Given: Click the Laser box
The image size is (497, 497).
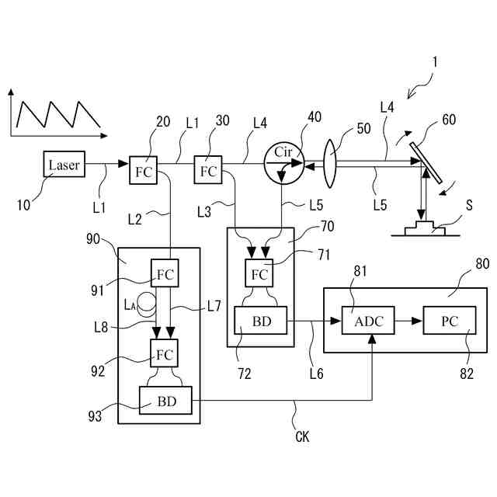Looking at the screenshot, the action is click(x=64, y=164).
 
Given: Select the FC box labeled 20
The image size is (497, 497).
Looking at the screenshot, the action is click(x=143, y=170).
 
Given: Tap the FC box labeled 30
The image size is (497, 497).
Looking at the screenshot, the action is click(x=208, y=169).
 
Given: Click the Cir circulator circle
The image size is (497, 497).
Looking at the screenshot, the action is click(x=284, y=163).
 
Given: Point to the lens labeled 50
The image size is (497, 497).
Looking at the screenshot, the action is click(x=330, y=164).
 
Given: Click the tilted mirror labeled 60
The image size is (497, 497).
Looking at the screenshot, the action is click(x=426, y=162).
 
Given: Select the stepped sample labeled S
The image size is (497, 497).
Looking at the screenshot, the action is click(x=425, y=228).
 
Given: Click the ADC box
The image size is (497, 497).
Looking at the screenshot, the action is click(x=368, y=320).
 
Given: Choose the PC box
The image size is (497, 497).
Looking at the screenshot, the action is click(x=450, y=320).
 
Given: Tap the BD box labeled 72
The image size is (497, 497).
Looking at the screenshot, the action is click(x=261, y=320).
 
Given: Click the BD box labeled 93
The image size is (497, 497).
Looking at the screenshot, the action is click(x=165, y=401).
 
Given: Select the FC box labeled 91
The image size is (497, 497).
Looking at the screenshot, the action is click(x=165, y=273).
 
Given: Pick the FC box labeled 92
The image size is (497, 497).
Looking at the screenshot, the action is click(x=164, y=353).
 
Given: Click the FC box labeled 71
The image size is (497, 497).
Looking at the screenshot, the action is click(x=259, y=273).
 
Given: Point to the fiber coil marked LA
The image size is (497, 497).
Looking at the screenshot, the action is click(x=147, y=304).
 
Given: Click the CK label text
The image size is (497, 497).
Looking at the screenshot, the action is click(x=302, y=436).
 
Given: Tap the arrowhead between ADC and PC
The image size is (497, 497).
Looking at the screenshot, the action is click(x=417, y=321).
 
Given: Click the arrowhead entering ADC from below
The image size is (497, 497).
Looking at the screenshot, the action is click(x=372, y=339).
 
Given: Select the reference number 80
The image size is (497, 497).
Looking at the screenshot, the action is click(x=482, y=263).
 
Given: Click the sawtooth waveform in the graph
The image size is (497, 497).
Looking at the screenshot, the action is click(x=59, y=114).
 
